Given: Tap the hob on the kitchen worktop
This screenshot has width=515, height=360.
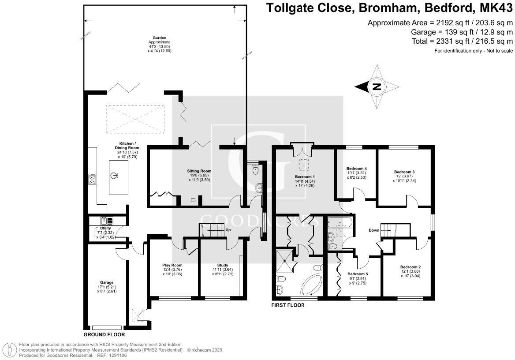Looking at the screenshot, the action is tap(92, 180).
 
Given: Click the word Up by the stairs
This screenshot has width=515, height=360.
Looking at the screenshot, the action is tap(228, 230).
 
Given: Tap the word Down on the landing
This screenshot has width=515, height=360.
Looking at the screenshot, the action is tap(374, 230).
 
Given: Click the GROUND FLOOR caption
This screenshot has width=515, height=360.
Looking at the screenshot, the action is tap(104, 335).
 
